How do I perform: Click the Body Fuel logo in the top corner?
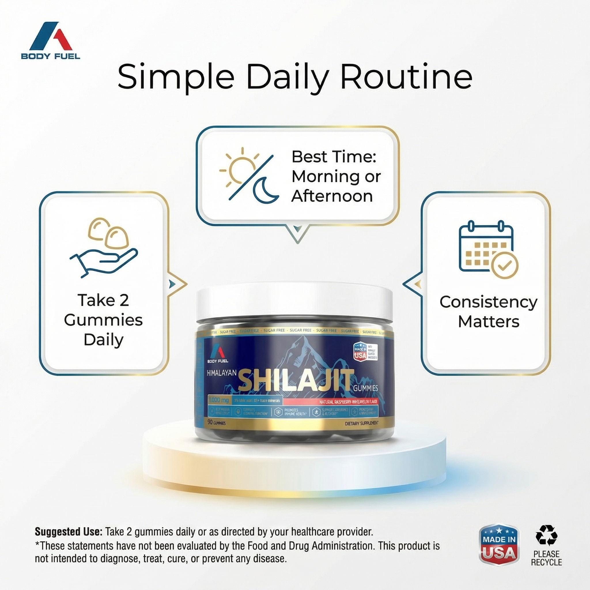click(x=50, y=40)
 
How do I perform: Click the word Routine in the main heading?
click(x=406, y=77)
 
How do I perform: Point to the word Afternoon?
click(x=332, y=196)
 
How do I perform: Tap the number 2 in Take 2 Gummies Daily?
click(x=124, y=300)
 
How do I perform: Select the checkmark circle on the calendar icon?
click(x=504, y=265)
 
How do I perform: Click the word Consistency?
click(x=488, y=302)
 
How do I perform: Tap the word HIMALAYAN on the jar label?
click(x=222, y=372)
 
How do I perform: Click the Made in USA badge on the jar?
click(x=360, y=352)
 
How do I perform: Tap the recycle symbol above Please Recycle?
click(x=546, y=535)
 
